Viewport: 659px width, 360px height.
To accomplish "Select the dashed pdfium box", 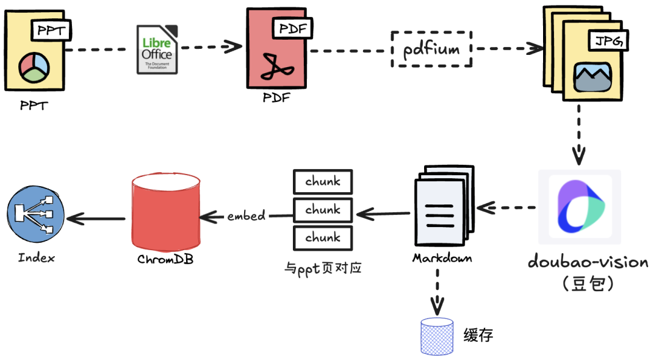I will pyautogui.click(x=431, y=49).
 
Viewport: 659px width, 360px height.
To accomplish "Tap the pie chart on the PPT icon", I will pyautogui.click(x=34, y=66).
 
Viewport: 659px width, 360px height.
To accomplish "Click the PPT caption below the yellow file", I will pyautogui.click(x=34, y=106).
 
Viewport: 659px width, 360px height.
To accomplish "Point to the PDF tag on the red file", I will pyautogui.click(x=293, y=27).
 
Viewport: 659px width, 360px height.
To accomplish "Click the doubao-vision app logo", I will pyautogui.click(x=579, y=207).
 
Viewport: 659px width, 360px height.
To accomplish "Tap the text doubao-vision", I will pyautogui.click(x=588, y=262).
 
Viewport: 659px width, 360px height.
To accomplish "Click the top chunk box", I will pyautogui.click(x=323, y=182).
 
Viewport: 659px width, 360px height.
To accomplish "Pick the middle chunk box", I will pyautogui.click(x=323, y=210).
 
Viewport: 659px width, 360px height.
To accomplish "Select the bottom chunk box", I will pyautogui.click(x=323, y=237).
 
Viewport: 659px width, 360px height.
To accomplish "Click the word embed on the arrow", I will pyautogui.click(x=247, y=215).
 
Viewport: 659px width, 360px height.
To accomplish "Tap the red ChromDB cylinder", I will pyautogui.click(x=166, y=209).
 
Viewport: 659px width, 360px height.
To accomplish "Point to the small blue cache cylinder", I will pyautogui.click(x=437, y=336).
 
